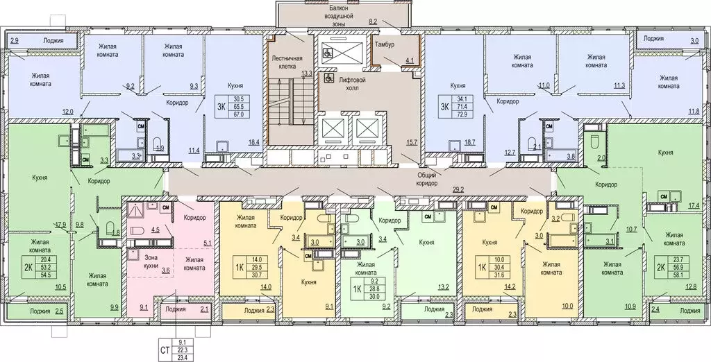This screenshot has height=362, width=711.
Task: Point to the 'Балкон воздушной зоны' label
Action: pyautogui.click(x=340, y=15)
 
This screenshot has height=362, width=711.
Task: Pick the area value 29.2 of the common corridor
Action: pyautogui.click(x=458, y=189)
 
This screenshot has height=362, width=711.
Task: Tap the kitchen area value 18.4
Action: pyautogui.click(x=253, y=143)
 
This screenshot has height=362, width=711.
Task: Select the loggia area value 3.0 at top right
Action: pyautogui.click(x=694, y=42)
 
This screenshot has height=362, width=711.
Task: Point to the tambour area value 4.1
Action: pyautogui.click(x=410, y=61)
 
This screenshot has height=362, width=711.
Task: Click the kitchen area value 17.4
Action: pyautogui.click(x=694, y=206)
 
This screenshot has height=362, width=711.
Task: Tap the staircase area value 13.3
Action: pyautogui.click(x=307, y=73)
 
